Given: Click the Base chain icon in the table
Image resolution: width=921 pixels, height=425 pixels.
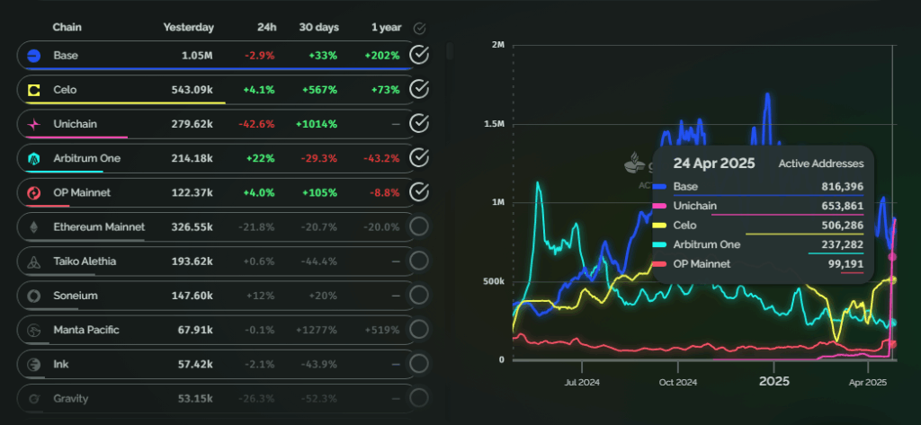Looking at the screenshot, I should pos(33,56).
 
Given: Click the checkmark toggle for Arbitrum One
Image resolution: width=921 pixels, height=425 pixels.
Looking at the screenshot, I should pos(418,158).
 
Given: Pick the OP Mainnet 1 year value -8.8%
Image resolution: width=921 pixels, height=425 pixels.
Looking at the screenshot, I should pos(382,192).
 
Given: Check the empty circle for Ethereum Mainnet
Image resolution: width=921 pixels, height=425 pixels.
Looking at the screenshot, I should pos(418,226).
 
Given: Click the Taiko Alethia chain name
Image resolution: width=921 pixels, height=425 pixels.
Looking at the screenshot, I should pos(85,261).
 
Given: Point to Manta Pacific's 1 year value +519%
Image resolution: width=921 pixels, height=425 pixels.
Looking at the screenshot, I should pos(382,330).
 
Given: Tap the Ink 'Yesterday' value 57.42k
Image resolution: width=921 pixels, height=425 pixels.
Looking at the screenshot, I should pos(195,364).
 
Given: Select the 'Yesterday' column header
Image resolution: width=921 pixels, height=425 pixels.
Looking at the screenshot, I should pos(188,28).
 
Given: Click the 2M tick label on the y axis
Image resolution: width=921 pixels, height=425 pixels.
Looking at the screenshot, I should pos(497,45).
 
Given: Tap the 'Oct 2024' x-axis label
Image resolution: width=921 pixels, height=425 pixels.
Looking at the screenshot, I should pos(677,382).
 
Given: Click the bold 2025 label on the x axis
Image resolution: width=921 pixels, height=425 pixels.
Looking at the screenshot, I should pos(773,381).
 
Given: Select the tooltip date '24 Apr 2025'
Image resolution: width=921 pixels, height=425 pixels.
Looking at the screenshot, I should pos(702,164).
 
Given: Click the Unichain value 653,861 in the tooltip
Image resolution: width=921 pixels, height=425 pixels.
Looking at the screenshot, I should pos(842,206).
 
